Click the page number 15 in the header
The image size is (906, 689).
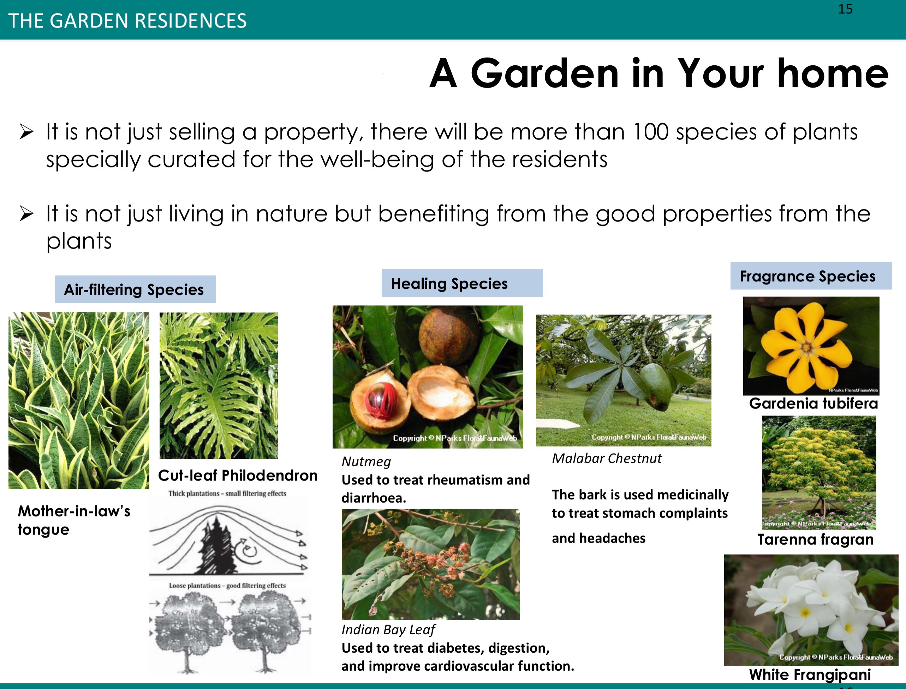pyautogui.click(x=845, y=9)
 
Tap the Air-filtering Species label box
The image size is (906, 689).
pyautogui.click(x=135, y=289)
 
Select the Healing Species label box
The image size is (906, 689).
pyautogui.click(x=462, y=283)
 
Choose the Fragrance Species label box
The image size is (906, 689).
pyautogui.click(x=811, y=276)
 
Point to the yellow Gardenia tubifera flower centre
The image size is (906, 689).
pyautogui.click(x=806, y=348)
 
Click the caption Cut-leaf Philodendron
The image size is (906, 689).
pyautogui.click(x=238, y=475)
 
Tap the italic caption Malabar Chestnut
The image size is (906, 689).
pyautogui.click(x=607, y=458)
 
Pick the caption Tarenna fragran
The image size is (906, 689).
pyautogui.click(x=815, y=539)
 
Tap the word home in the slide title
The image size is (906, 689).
pyautogui.click(x=833, y=73)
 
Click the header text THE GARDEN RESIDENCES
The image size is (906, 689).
pyautogui.click(x=127, y=20)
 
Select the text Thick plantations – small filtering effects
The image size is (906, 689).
pyautogui.click(x=227, y=493)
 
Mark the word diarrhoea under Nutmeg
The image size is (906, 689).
pyautogui.click(x=374, y=498)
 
